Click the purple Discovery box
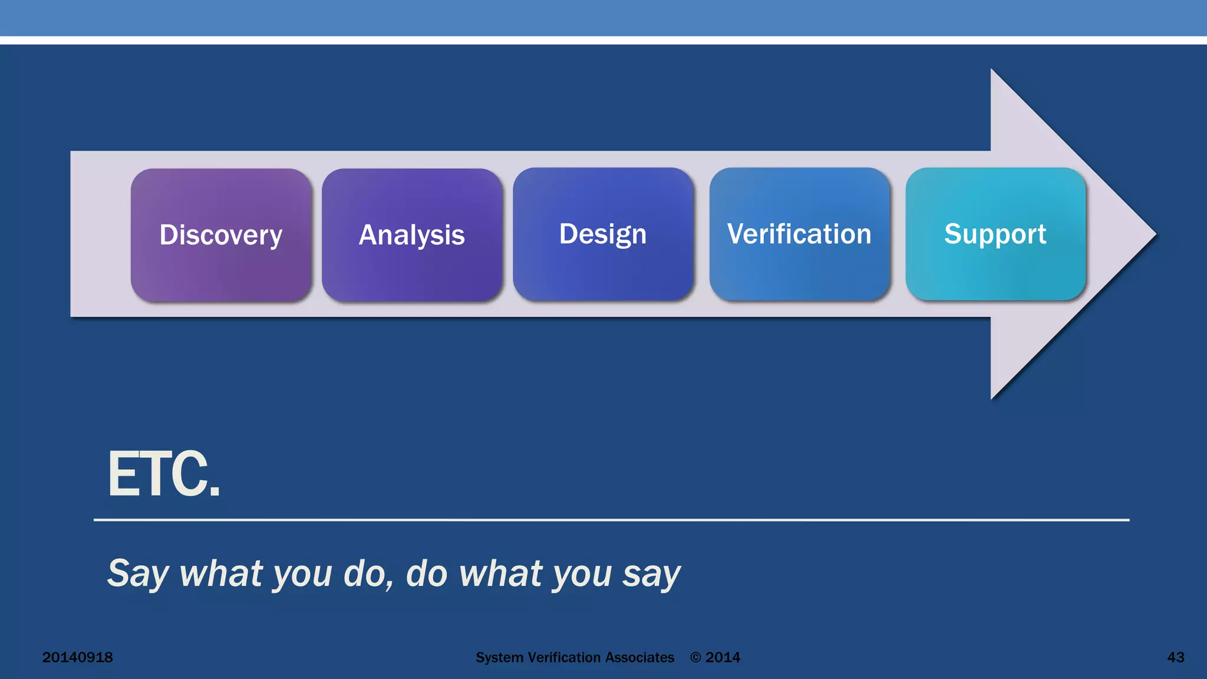[221, 235]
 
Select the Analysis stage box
[412, 235]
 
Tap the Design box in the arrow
[603, 234]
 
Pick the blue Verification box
[799, 234]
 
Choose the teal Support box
[995, 234]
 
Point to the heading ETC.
[163, 474]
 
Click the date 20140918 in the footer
[77, 657]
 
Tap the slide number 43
[1175, 657]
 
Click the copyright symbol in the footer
[696, 658]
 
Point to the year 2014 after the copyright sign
[723, 657]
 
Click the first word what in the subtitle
[220, 573]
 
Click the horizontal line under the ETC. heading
[611, 520]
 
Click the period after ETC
[215, 493]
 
